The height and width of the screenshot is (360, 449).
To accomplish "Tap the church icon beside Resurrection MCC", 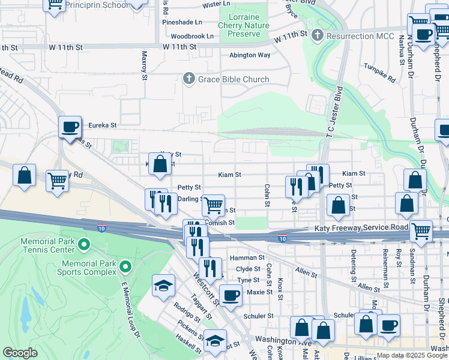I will [x=318, y=36].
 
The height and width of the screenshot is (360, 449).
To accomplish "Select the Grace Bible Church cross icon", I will [x=188, y=79].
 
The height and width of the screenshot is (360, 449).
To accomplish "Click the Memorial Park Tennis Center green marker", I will [x=84, y=244].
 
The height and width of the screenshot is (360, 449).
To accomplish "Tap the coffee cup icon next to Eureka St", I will [x=70, y=127].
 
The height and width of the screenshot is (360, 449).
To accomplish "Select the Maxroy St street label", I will [x=145, y=65].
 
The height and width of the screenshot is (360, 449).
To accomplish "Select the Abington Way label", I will [x=250, y=55].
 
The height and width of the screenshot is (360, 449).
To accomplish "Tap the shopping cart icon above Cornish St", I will [x=213, y=205].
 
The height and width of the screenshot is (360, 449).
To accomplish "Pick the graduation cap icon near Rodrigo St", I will [x=162, y=286].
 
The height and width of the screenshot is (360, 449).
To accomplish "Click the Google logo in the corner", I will [x=20, y=353].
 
